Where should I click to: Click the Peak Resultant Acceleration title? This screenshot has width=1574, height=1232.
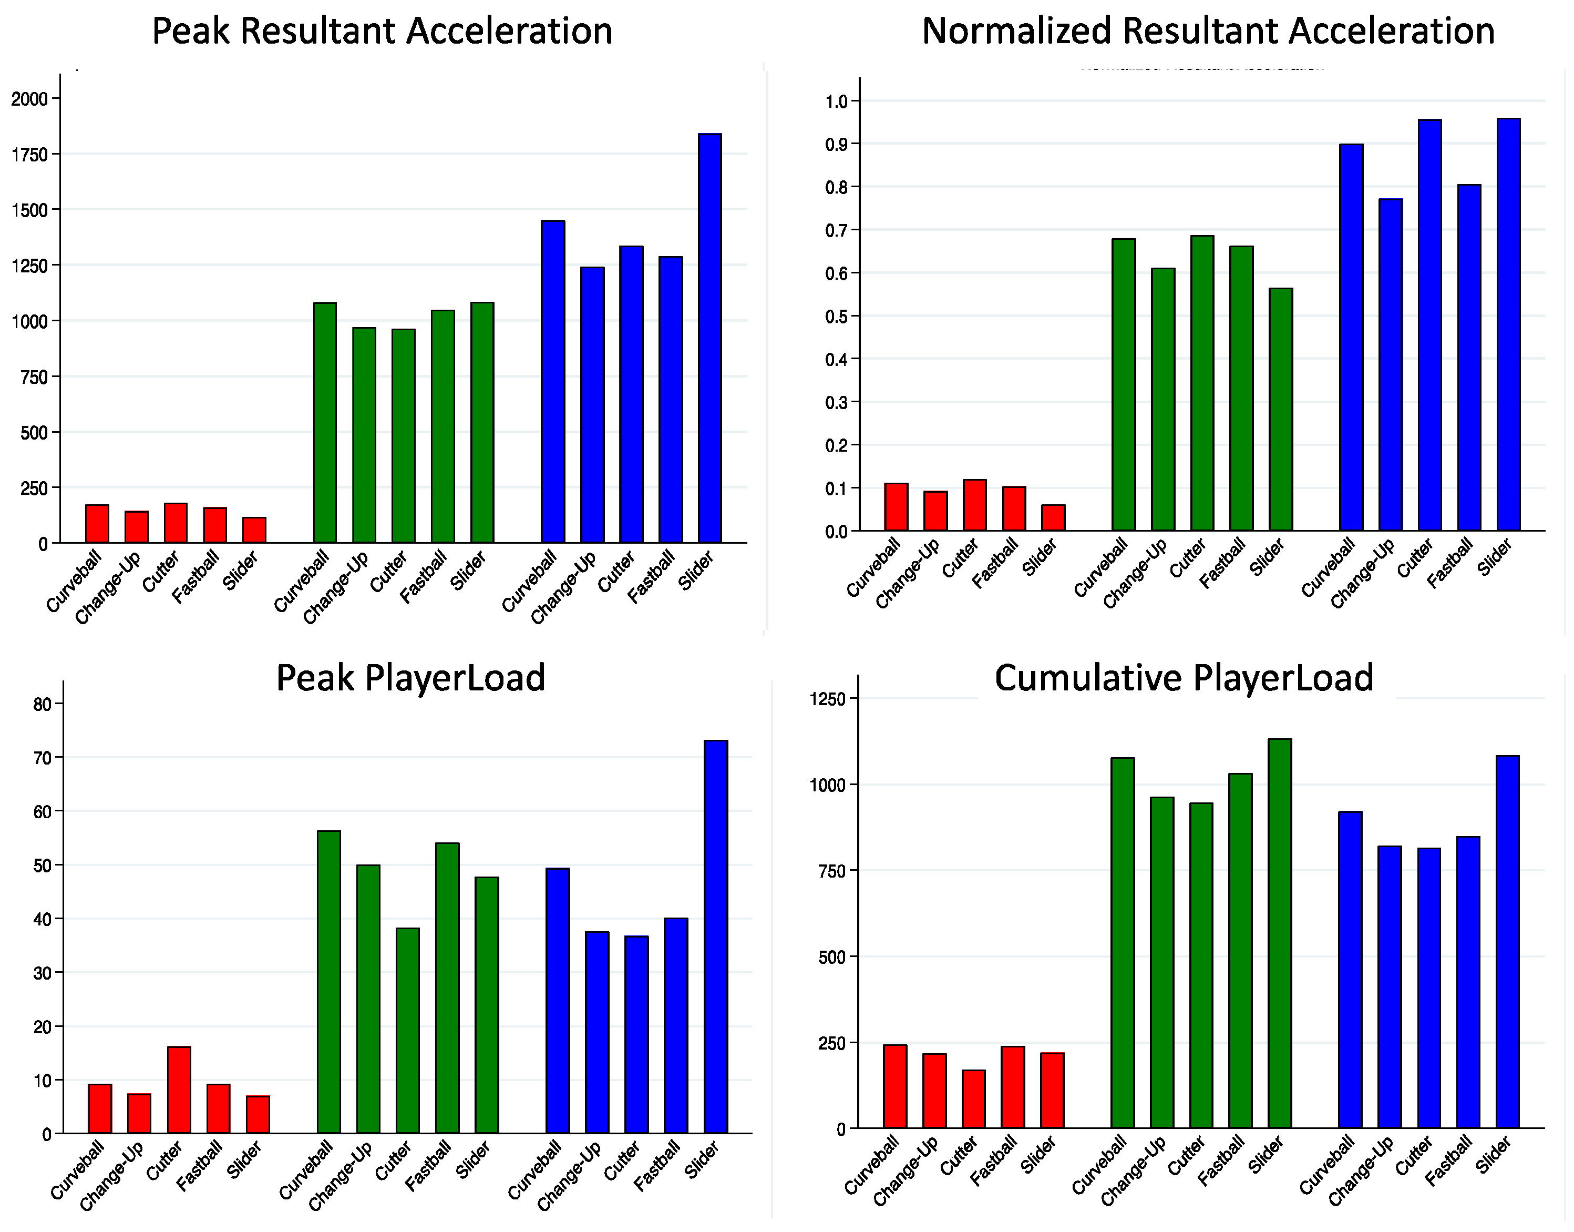point(382,32)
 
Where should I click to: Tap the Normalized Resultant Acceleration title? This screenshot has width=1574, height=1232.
point(1208,32)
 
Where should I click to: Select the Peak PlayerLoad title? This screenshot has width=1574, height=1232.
point(410,678)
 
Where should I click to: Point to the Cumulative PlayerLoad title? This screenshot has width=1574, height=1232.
point(1184,678)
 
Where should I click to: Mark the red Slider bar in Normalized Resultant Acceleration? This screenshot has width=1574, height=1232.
point(1053,518)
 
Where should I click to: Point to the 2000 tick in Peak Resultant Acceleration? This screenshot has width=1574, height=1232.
point(29,99)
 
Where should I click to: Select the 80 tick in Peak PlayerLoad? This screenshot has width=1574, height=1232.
point(43,705)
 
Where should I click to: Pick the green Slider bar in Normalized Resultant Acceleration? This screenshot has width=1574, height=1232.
point(1281,409)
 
